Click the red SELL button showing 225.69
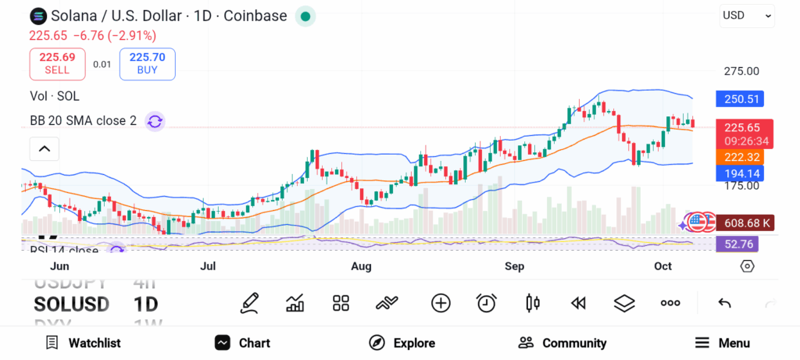click(57, 63)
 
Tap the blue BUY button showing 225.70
click(147, 63)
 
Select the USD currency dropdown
click(746, 16)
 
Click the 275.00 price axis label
click(741, 71)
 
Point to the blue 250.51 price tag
click(739, 99)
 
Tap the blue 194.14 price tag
click(739, 173)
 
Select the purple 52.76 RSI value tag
click(737, 244)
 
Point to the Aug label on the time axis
click(361, 266)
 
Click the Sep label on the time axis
click(514, 266)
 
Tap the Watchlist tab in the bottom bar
click(83, 343)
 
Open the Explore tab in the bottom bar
click(402, 343)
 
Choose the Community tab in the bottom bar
click(562, 343)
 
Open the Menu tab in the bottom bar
click(723, 343)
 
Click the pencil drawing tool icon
click(249, 303)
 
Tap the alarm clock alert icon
click(487, 303)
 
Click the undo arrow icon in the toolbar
click(724, 303)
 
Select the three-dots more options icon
click(670, 303)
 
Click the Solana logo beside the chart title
click(38, 16)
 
